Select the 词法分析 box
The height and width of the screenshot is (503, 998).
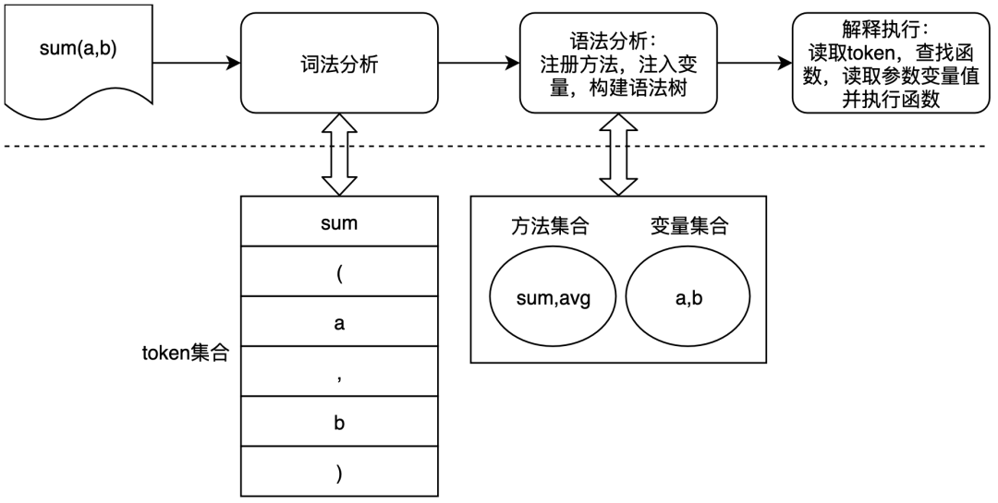click(x=339, y=63)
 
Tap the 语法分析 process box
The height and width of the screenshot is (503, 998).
click(x=618, y=63)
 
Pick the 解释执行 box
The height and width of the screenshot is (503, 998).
click(x=891, y=63)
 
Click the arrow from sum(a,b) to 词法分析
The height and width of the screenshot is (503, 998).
click(x=197, y=63)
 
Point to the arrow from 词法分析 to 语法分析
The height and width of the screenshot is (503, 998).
click(x=480, y=63)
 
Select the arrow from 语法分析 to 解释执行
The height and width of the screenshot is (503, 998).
click(x=755, y=63)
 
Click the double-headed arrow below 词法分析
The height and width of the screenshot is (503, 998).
click(x=339, y=154)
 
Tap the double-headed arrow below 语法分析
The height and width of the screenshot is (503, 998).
click(x=618, y=154)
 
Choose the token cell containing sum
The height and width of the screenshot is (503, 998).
click(x=339, y=222)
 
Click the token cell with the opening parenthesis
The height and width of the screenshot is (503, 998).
click(x=339, y=271)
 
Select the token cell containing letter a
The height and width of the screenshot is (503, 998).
click(x=339, y=321)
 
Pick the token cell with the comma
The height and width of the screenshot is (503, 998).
click(x=339, y=371)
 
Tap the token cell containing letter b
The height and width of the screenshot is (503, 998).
click(x=339, y=421)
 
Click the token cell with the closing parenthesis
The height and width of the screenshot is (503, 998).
click(x=339, y=472)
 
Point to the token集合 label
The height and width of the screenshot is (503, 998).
click(x=185, y=353)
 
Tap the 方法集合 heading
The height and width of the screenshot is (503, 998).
click(x=550, y=226)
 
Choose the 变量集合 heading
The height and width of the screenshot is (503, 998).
click(x=689, y=226)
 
